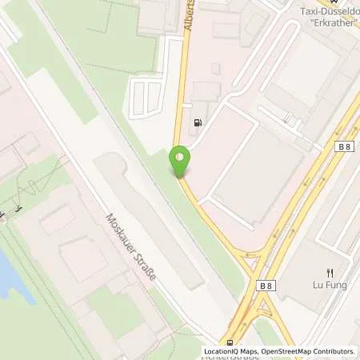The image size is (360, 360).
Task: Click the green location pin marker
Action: pos(180,162)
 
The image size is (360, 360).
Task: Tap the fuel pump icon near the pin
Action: pos(197,124)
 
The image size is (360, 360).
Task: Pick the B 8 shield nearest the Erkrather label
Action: pos(345,146)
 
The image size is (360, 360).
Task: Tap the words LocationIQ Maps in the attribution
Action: pos(233,351)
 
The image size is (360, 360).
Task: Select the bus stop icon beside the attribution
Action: pos(230,343)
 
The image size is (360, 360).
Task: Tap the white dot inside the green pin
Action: pos(180,157)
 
